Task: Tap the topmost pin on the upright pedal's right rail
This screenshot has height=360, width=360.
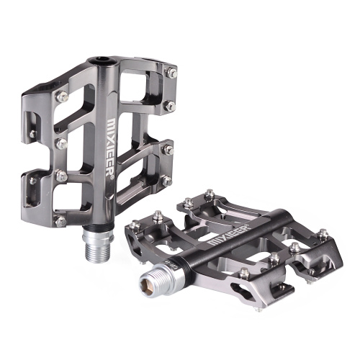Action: click(x=172, y=72)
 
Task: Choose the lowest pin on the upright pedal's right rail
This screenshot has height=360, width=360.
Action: click(x=165, y=181)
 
